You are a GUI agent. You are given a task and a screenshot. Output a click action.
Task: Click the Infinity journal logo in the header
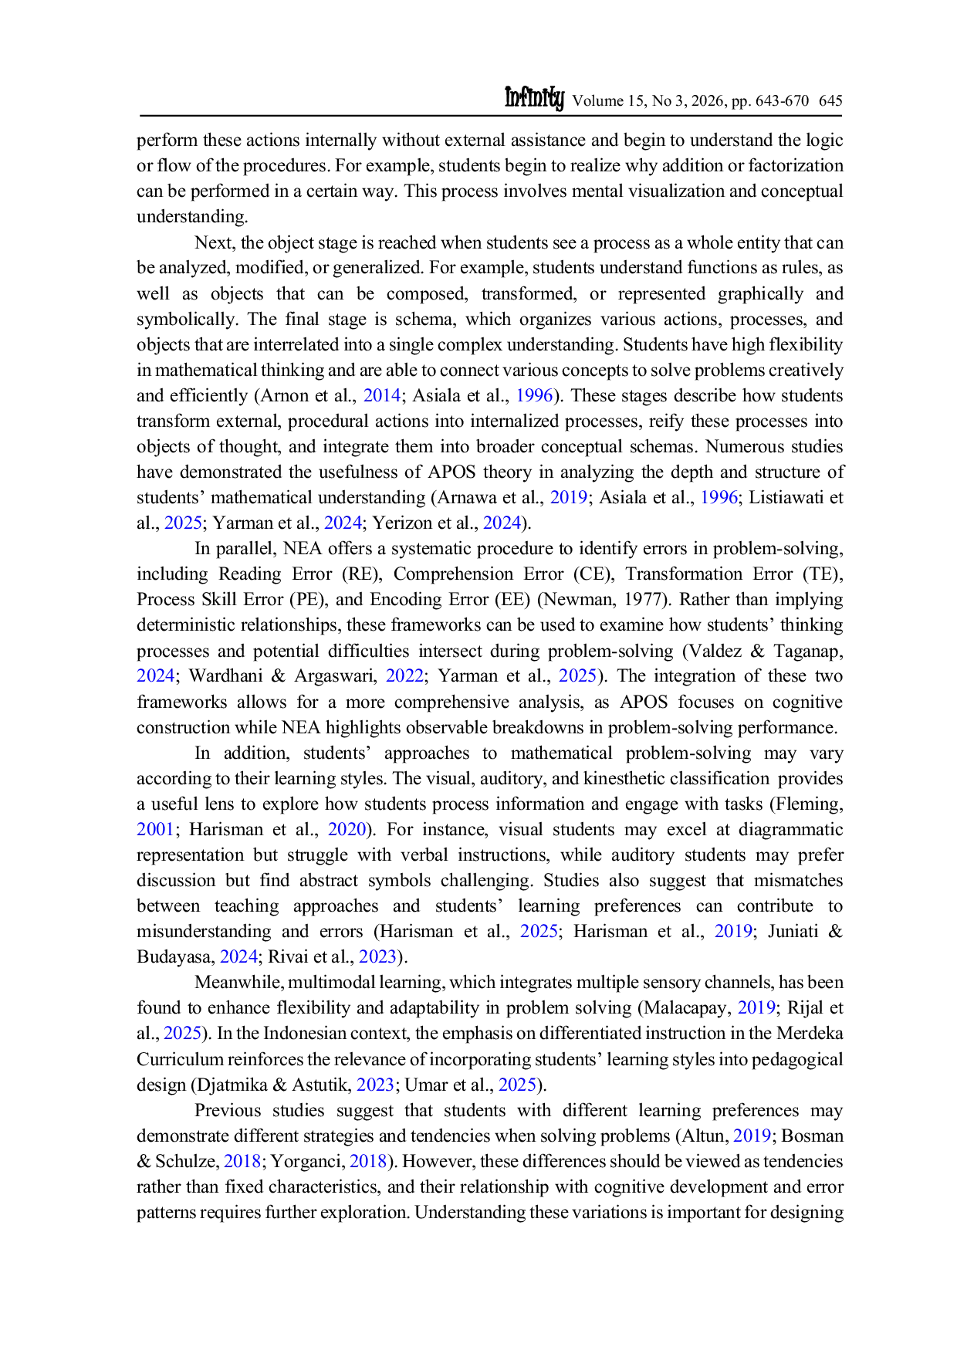point(534,98)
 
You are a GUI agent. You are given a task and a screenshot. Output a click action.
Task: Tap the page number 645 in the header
point(830,100)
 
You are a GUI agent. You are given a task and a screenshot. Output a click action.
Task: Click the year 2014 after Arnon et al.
point(382,395)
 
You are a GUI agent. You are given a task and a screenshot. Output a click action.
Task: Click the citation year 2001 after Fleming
point(156,829)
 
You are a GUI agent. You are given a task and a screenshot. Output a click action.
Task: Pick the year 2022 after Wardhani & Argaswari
point(404,675)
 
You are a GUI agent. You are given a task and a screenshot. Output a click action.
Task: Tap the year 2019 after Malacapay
point(756,1007)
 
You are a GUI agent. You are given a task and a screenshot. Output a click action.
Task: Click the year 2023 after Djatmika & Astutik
point(376,1085)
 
